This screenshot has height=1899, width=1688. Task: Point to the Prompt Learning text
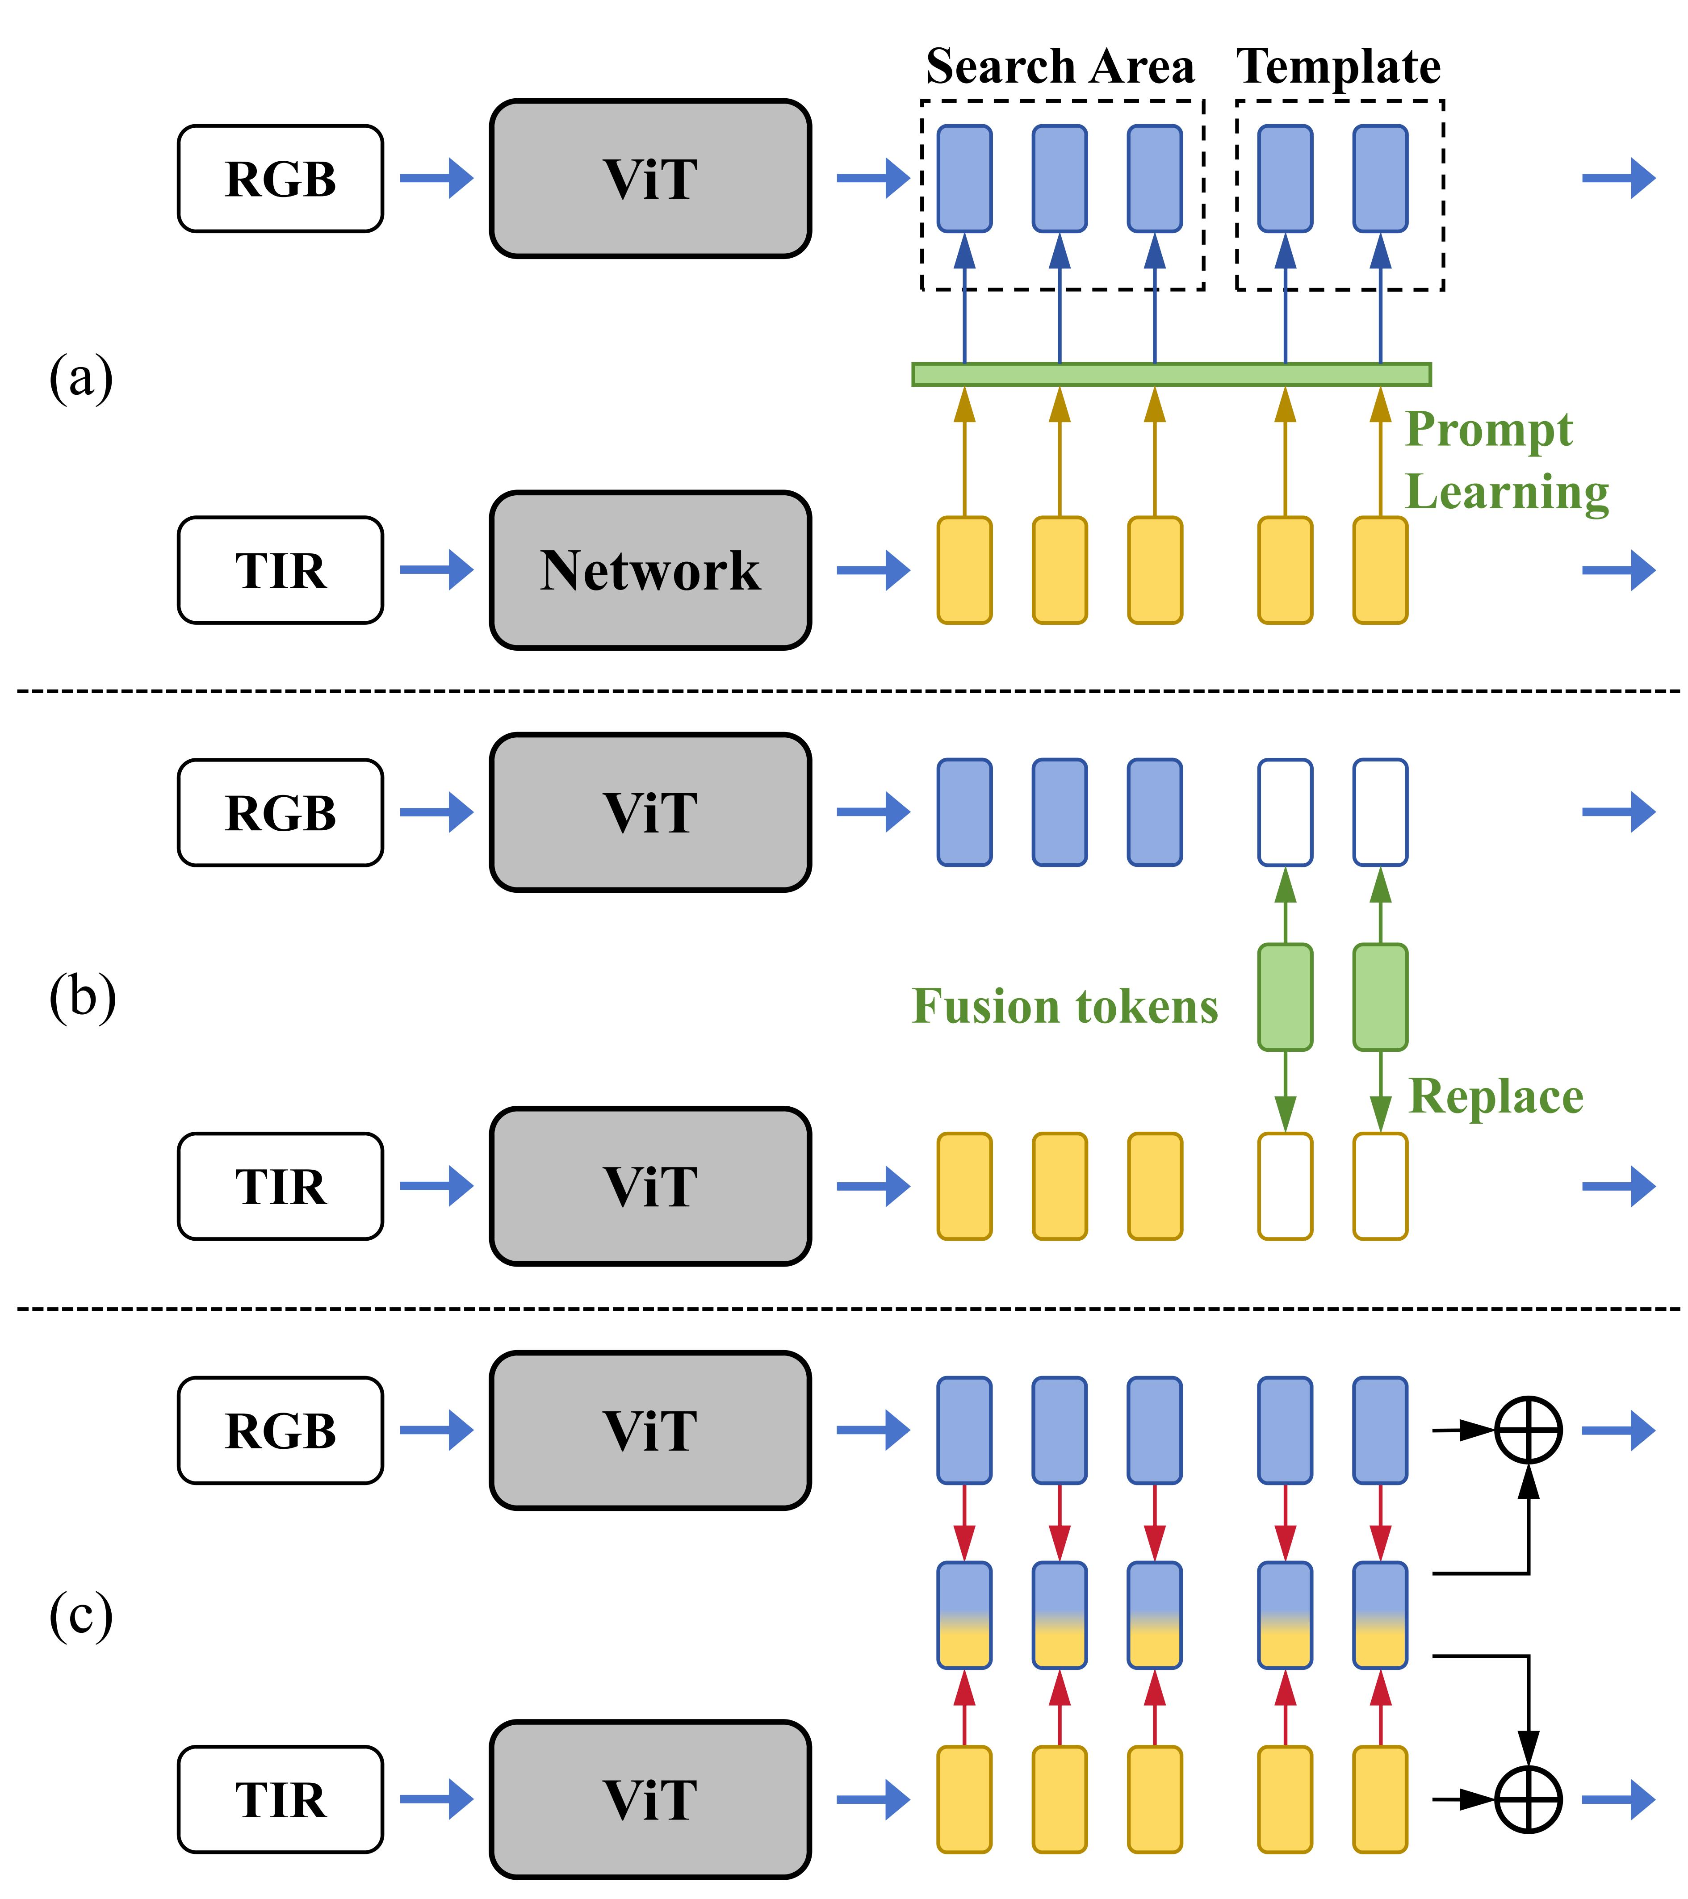[1505, 460]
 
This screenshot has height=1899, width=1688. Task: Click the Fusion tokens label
[1064, 1006]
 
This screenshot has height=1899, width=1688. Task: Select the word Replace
[1495, 1096]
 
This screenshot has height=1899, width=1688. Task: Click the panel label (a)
[81, 377]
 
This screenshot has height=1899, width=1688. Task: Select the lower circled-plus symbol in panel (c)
[1528, 1799]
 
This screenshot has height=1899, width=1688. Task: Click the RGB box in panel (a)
[281, 178]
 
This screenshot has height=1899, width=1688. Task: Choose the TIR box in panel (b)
[281, 1186]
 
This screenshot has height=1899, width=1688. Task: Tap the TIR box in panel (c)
[281, 1799]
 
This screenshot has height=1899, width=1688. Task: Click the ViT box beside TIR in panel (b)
[650, 1186]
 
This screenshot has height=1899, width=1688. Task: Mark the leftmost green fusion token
[1285, 997]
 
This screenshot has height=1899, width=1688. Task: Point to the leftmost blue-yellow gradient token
[964, 1615]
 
